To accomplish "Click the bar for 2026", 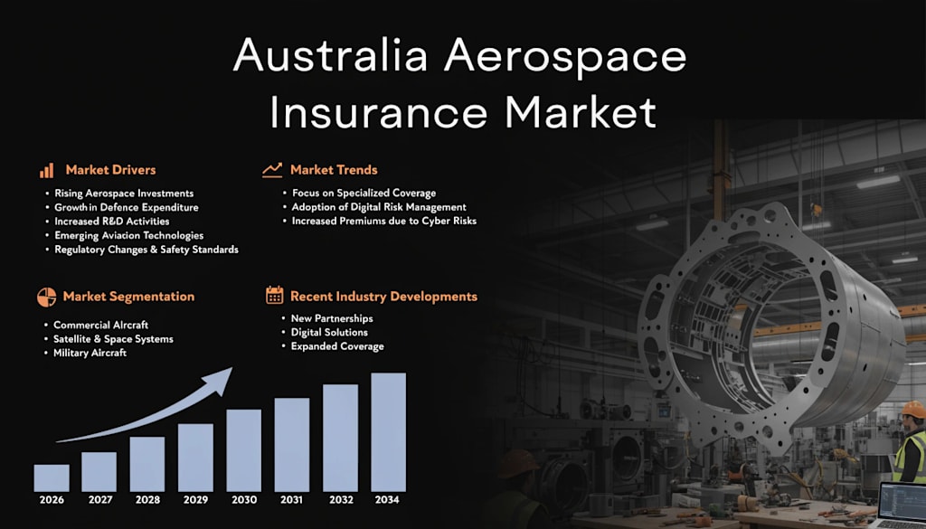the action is [x=52, y=477].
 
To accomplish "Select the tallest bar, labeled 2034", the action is [x=388, y=431].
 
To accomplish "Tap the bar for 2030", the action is [x=244, y=450].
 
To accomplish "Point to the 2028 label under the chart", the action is [x=147, y=499].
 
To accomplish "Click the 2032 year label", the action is [x=341, y=499].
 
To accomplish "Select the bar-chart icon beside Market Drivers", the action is [x=47, y=170].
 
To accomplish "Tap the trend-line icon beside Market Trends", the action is [x=272, y=170].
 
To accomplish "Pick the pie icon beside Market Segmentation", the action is [x=47, y=297].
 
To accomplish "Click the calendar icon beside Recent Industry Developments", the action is [x=275, y=295].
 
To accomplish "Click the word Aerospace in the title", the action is [x=565, y=58].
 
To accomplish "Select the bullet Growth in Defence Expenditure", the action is [x=127, y=207].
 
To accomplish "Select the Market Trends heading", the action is [x=334, y=170].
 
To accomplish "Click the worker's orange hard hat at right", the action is [x=914, y=409].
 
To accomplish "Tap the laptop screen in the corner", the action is [x=903, y=503].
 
